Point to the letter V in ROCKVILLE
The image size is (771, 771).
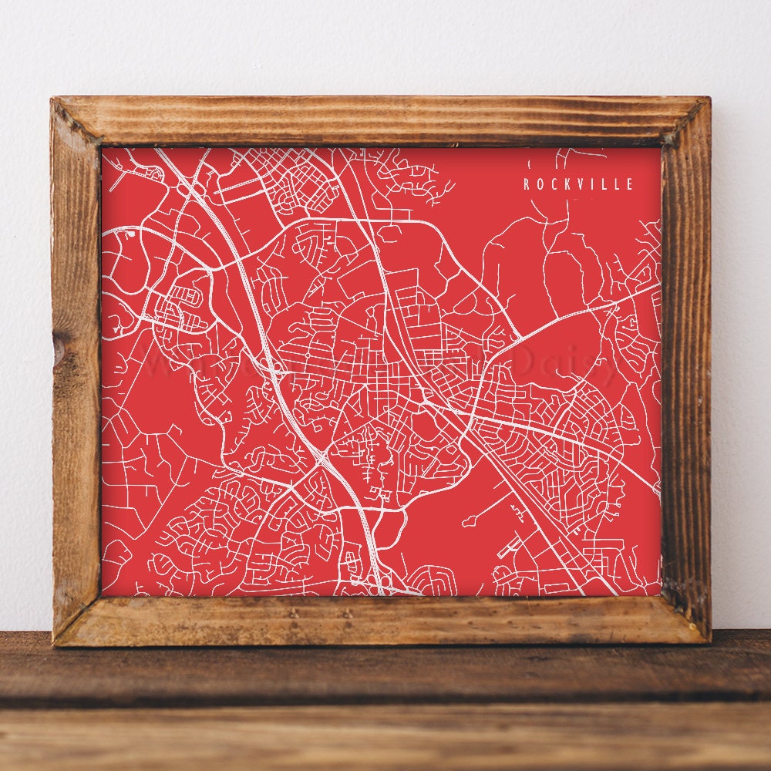pyautogui.click(x=580, y=184)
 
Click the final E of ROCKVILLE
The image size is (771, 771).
pyautogui.click(x=630, y=184)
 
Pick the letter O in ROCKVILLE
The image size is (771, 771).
pyautogui.click(x=540, y=184)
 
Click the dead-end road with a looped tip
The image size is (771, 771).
pyautogui.click(x=467, y=522)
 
